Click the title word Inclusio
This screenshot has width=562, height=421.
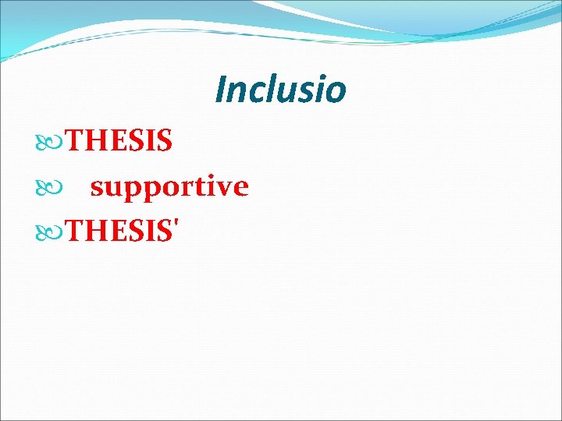tap(280, 89)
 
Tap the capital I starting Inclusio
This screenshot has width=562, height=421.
tap(220, 89)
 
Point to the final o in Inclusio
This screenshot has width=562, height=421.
tap(336, 92)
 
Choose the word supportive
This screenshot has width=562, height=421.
tap(169, 188)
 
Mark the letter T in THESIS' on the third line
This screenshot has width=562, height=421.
tap(75, 231)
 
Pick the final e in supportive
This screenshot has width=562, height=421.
tap(241, 188)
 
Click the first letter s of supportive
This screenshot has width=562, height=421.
tap(97, 188)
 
